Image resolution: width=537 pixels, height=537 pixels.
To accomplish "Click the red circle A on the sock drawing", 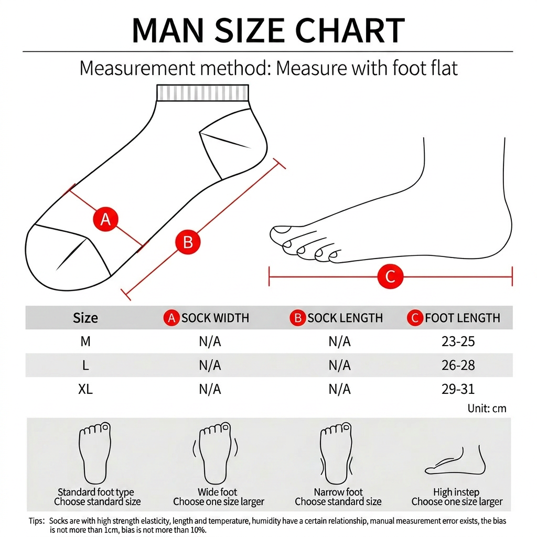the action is tap(105, 219).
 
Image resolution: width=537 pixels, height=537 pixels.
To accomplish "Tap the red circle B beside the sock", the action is tap(188, 242).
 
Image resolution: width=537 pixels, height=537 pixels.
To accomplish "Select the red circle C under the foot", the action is tap(390, 276).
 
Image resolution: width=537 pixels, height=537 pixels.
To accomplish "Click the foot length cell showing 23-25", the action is tap(458, 341).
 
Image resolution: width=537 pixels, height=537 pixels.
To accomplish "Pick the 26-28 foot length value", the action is tap(458, 366).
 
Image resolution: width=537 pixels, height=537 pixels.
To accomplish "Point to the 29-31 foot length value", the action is tap(458, 389).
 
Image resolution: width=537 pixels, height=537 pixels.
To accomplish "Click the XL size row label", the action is tap(85, 389).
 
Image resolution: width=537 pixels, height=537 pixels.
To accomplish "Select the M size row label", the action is tap(85, 341).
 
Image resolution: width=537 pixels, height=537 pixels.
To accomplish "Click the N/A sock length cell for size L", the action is tap(339, 366).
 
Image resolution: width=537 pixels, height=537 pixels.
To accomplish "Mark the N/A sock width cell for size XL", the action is tap(210, 389).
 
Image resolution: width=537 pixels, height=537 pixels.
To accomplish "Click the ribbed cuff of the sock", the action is tap(202, 92).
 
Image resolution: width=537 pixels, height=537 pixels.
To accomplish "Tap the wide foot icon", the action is tap(215, 453).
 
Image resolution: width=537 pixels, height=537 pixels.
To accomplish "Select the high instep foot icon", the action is tap(456, 460).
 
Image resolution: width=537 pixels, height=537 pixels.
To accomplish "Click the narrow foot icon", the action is tap(336, 453).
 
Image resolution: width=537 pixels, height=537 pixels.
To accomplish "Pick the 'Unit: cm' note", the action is tap(487, 408).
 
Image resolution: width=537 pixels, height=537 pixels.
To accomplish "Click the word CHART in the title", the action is tap(350, 30).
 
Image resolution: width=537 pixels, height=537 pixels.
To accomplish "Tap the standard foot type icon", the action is tap(95, 453).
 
